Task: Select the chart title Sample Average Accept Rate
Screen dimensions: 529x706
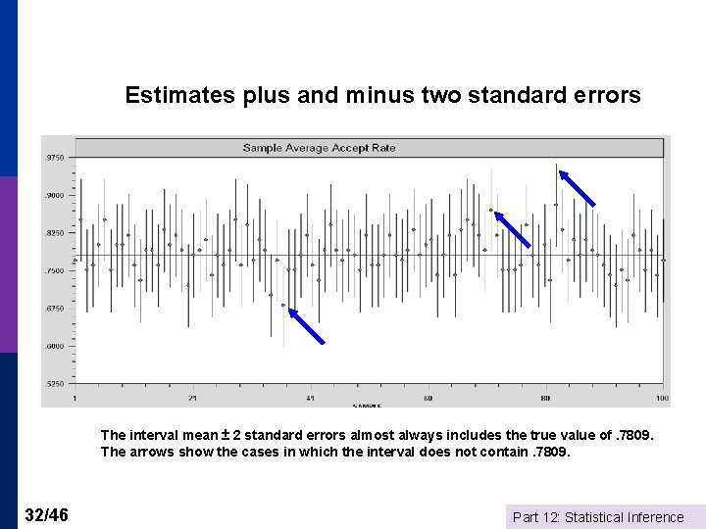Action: (x=320, y=148)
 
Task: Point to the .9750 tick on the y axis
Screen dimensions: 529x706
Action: (x=55, y=158)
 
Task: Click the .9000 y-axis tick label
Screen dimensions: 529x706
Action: (x=55, y=195)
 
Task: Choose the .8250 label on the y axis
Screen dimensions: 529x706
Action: (x=55, y=233)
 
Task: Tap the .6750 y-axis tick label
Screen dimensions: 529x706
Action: (x=55, y=309)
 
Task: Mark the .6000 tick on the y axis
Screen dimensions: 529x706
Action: (x=55, y=346)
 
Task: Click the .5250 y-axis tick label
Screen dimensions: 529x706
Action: (x=55, y=384)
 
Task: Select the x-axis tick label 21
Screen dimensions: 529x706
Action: (x=193, y=399)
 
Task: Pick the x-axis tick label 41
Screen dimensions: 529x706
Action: (x=311, y=399)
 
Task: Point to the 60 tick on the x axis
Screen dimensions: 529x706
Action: (x=429, y=399)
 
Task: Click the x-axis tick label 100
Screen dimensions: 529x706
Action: (x=663, y=399)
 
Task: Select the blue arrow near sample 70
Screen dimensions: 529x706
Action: (x=512, y=229)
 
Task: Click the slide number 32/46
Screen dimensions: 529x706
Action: (x=47, y=514)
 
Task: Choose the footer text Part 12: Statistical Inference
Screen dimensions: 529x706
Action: (x=598, y=517)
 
